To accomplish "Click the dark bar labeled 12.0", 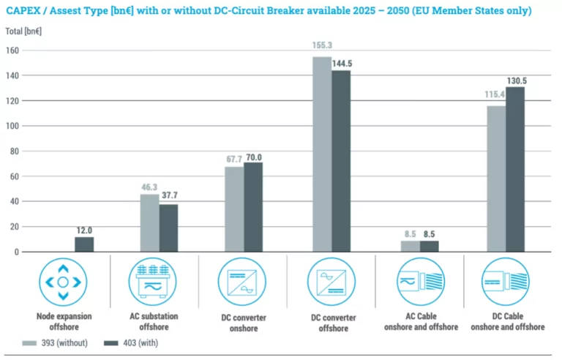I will click(84, 244).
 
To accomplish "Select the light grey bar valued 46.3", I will click(149, 222).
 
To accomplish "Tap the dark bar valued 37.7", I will click(168, 228).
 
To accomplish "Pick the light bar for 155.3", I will click(322, 154).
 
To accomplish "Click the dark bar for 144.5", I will click(341, 161).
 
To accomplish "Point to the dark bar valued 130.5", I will click(515, 169).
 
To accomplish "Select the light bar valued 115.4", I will click(496, 179).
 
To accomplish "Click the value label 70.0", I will click(254, 157).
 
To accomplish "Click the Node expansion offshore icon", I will click(63, 282).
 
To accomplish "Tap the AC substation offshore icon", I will click(153, 282).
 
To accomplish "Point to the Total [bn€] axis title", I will click(23, 32).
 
